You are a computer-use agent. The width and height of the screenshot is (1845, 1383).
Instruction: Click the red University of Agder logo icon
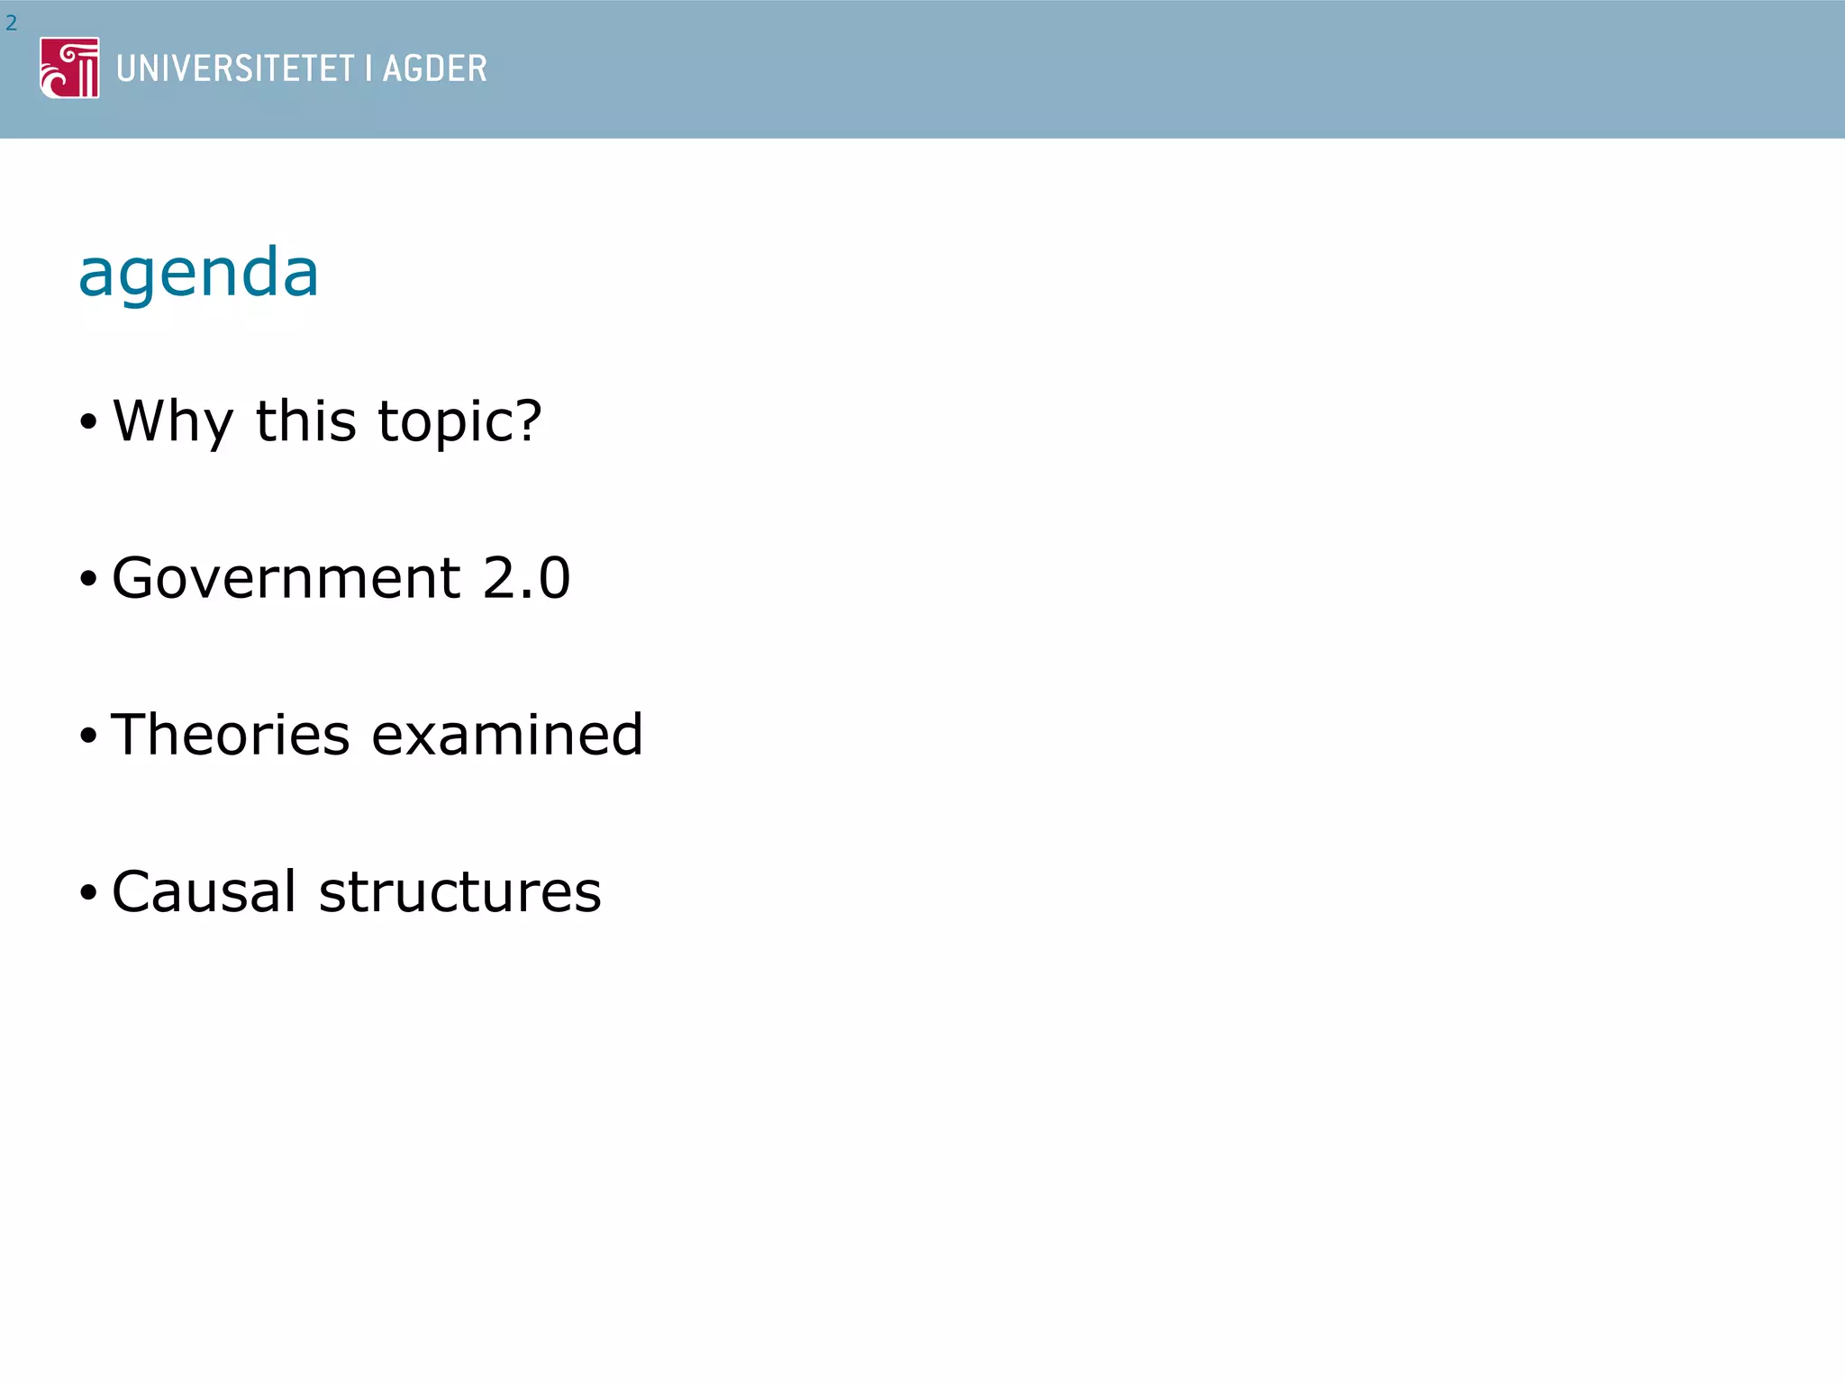(x=69, y=68)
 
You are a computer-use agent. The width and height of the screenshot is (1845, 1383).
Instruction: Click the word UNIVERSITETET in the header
(x=235, y=68)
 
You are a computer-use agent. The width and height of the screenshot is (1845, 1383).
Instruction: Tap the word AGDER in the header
(x=435, y=68)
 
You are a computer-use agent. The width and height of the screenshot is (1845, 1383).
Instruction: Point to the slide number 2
(x=11, y=23)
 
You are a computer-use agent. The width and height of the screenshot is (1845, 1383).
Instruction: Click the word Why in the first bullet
(x=173, y=421)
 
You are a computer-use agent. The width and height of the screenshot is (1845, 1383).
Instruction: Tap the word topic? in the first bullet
(x=459, y=421)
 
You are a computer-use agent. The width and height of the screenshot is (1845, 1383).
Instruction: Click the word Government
(x=286, y=577)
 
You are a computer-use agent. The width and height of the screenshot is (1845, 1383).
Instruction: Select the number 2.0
(x=526, y=577)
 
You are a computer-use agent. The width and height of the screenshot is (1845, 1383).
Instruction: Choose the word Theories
(x=230, y=734)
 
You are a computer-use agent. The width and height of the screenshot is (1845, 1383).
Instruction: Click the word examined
(x=507, y=734)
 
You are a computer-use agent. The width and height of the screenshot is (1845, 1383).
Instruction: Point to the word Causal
(x=204, y=891)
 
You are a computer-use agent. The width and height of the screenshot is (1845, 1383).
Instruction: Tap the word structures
(x=459, y=891)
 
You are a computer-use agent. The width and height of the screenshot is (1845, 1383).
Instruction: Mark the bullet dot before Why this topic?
(x=87, y=421)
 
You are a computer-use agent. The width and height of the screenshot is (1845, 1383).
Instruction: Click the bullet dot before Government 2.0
(x=87, y=578)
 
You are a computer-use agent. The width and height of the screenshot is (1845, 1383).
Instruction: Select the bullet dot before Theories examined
(x=87, y=736)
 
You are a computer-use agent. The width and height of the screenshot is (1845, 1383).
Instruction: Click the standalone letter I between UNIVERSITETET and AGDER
(x=368, y=68)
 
